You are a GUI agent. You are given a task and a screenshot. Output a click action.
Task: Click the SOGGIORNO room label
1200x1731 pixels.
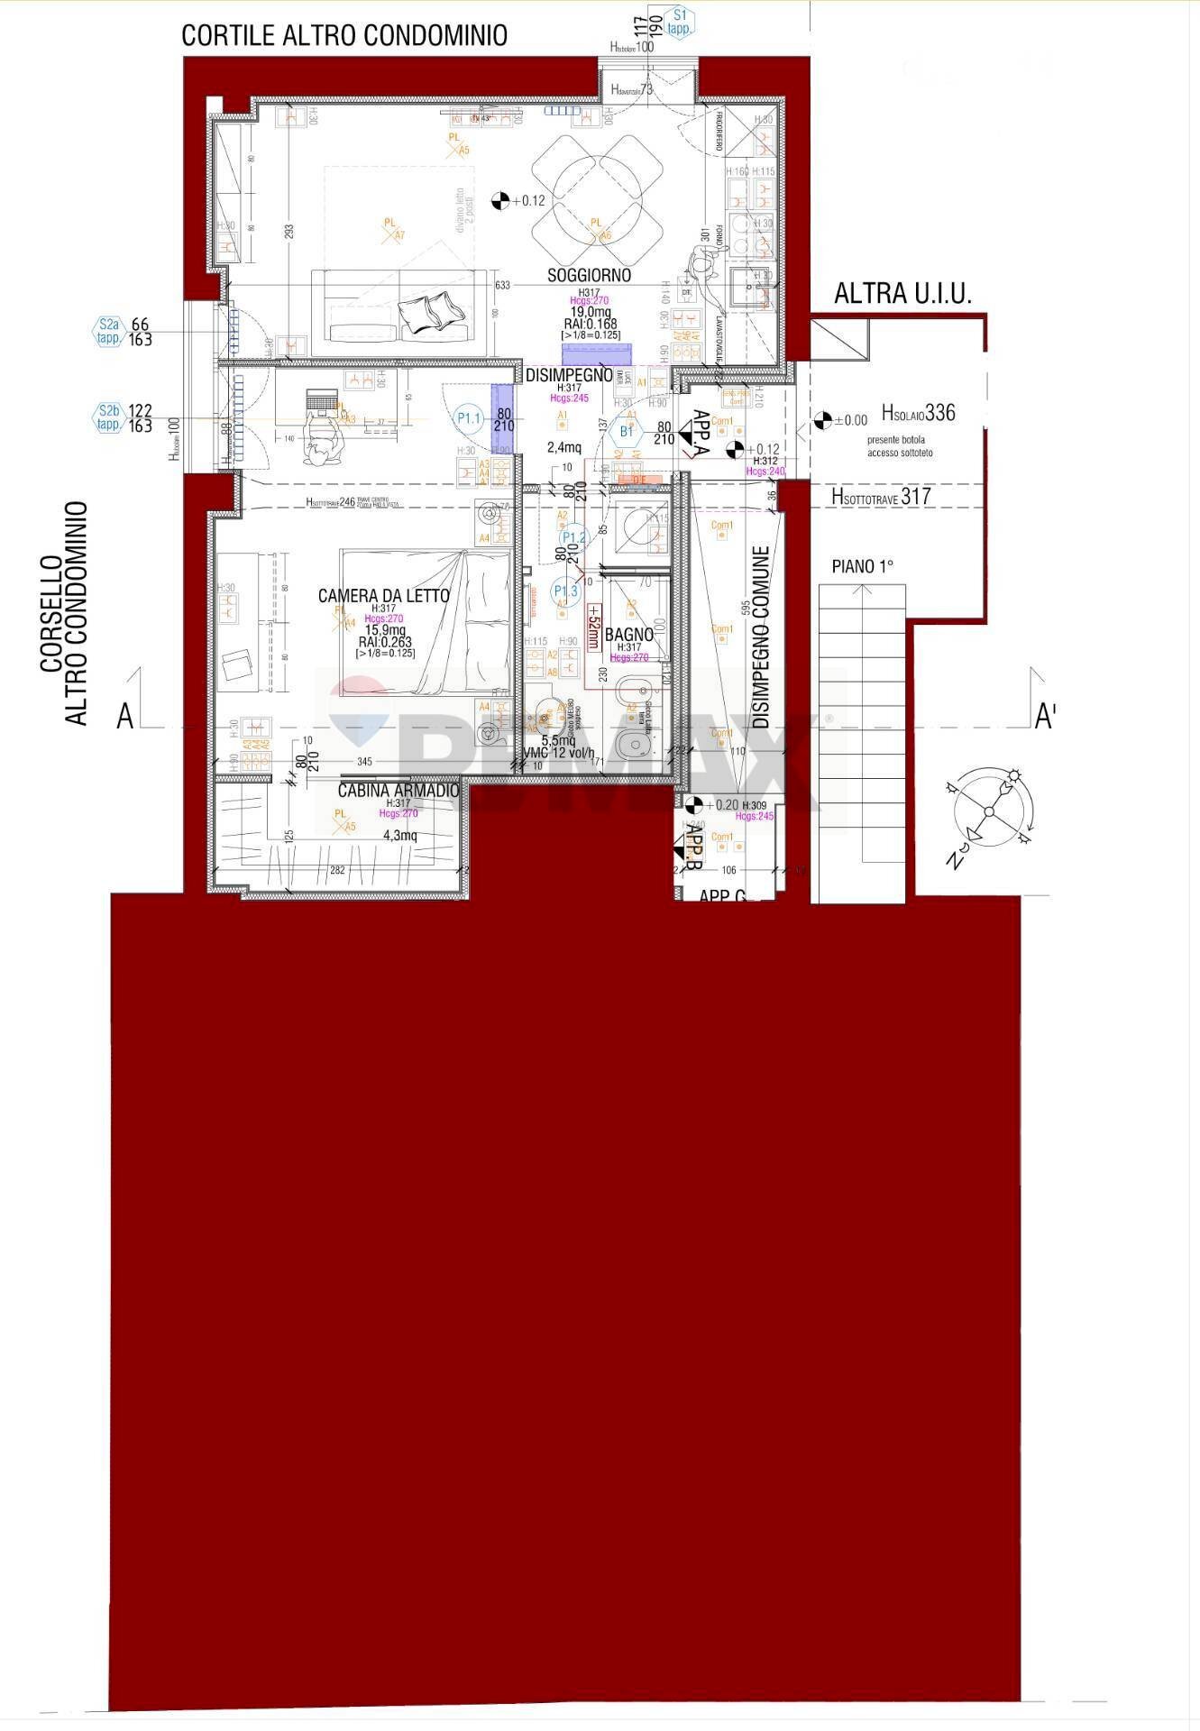coord(589,275)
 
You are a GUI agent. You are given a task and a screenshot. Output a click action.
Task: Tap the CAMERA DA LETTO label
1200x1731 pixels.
coord(383,596)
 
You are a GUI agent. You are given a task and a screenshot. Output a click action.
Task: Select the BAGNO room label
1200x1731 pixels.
coord(628,635)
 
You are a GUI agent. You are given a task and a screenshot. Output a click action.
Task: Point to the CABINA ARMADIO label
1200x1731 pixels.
coord(398,791)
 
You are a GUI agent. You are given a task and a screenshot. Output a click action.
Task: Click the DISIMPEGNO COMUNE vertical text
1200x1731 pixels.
coord(761,637)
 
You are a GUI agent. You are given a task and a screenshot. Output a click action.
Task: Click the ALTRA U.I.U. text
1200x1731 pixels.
coord(902,294)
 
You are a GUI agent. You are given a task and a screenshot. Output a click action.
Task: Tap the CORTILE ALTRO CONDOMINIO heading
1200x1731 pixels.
coord(344,35)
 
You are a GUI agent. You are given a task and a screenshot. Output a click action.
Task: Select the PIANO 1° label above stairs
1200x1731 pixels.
coord(862,566)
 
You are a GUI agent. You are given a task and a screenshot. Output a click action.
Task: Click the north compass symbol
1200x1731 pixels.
coord(988,811)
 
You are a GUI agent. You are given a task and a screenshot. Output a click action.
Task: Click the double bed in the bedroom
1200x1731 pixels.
coord(425,623)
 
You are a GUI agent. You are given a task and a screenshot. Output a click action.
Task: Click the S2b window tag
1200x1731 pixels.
coord(109,417)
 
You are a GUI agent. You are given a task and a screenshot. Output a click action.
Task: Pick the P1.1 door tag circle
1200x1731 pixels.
coord(470,417)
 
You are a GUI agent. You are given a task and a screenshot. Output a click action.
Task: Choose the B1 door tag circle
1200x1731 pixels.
coord(627,432)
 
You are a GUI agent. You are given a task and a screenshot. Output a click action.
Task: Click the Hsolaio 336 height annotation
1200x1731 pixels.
coord(918,413)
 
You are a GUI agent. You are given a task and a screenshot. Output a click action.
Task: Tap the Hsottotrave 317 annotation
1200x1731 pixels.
coord(880,496)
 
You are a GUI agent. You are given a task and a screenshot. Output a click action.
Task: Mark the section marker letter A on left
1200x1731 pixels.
coord(125,717)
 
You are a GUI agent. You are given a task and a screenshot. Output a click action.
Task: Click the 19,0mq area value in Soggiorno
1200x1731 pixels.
coord(588,312)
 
